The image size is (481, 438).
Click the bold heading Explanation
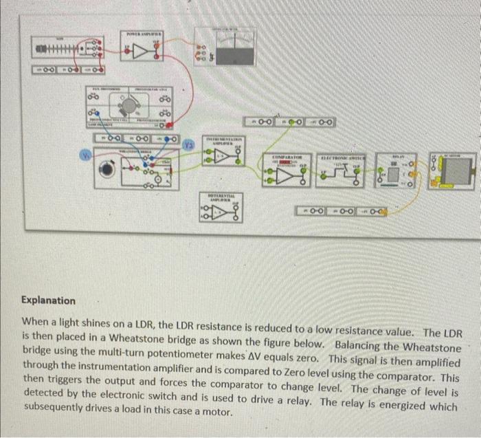48,300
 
